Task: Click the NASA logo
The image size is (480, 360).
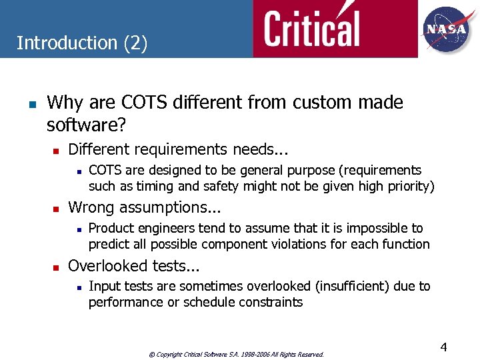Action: click(x=447, y=29)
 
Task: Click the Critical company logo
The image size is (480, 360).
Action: click(x=311, y=29)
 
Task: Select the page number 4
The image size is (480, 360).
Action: click(x=443, y=347)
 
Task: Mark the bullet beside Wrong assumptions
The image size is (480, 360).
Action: click(x=57, y=209)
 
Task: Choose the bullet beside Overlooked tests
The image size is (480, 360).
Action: click(x=57, y=267)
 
